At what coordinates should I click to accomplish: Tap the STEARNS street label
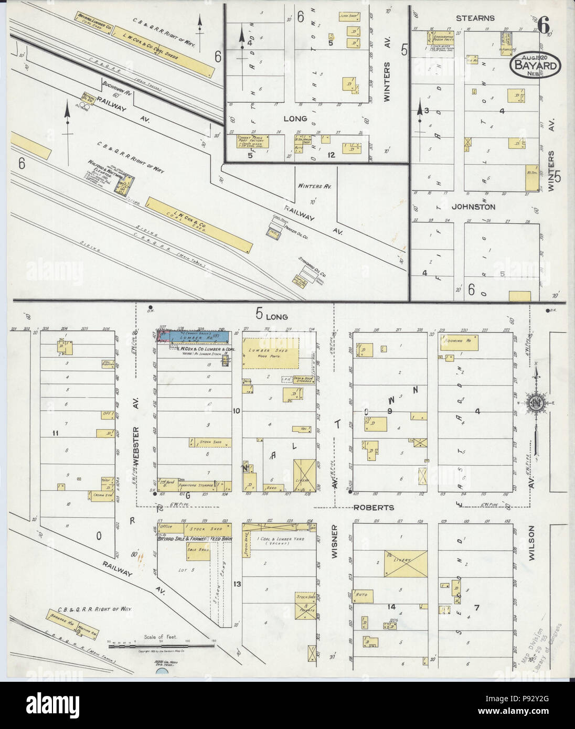click(475, 18)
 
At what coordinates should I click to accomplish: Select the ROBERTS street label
click(373, 508)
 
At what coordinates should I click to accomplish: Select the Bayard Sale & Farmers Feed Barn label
click(195, 538)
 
